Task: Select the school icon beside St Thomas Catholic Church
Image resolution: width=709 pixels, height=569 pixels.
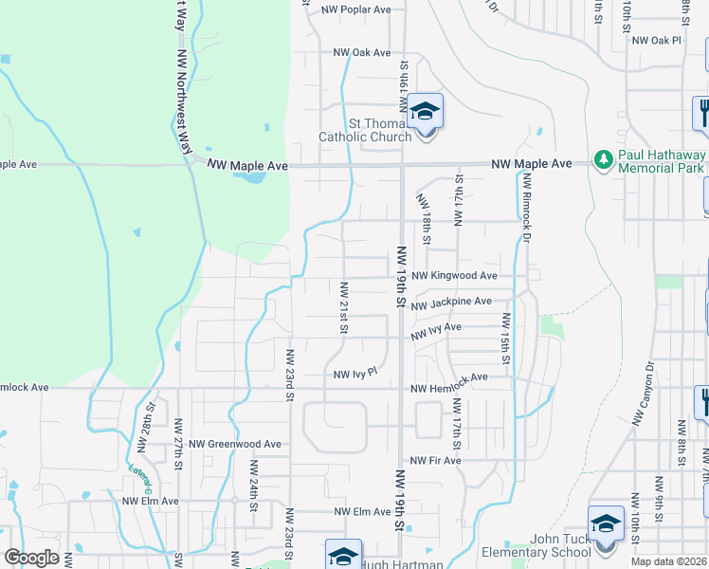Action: click(426, 113)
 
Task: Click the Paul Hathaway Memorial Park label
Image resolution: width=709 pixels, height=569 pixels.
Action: click(662, 161)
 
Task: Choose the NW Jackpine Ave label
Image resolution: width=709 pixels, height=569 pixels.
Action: click(451, 303)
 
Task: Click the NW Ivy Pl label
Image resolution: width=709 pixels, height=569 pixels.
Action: click(355, 374)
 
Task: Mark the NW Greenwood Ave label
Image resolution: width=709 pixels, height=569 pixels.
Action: click(235, 443)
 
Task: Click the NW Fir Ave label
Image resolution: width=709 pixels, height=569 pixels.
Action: click(435, 461)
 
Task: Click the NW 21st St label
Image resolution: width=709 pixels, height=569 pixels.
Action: click(344, 307)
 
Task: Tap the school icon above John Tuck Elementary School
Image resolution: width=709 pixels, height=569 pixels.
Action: click(606, 523)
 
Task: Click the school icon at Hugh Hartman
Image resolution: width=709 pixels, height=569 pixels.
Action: click(343, 556)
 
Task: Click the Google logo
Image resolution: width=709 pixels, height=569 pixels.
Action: click(31, 558)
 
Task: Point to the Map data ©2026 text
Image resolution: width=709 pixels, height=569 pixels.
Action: click(669, 561)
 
